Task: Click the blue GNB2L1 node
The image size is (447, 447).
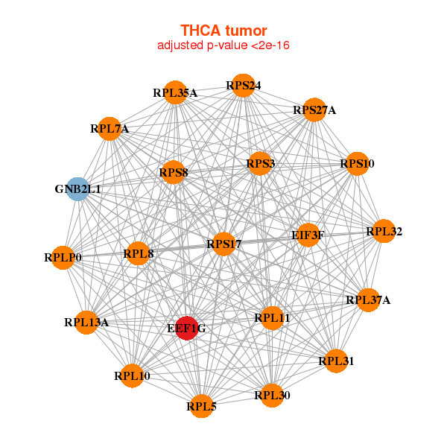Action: (x=77, y=189)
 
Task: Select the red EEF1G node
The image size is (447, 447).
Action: (x=187, y=328)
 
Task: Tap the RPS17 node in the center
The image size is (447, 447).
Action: (x=223, y=244)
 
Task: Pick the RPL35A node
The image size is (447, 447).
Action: (x=175, y=92)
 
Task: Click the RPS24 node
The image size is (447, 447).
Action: (x=243, y=85)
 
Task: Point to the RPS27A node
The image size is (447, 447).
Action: (x=314, y=110)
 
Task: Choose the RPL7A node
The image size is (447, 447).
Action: (x=110, y=129)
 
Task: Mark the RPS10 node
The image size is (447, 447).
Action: (x=357, y=164)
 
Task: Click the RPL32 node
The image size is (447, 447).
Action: (x=384, y=231)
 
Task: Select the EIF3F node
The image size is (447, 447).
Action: (x=308, y=235)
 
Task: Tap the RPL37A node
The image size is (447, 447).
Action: (x=368, y=300)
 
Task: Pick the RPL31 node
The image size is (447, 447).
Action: (x=336, y=361)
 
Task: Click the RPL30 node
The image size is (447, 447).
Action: (x=272, y=395)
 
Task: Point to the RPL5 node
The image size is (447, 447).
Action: (x=202, y=406)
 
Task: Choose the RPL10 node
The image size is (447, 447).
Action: (x=132, y=375)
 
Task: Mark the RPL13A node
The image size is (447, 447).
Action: (x=86, y=323)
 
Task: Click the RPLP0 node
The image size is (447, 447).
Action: (x=63, y=258)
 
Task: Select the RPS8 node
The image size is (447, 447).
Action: (x=174, y=172)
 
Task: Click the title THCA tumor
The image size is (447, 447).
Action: (x=223, y=31)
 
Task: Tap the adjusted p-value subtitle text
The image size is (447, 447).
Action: (x=223, y=45)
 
